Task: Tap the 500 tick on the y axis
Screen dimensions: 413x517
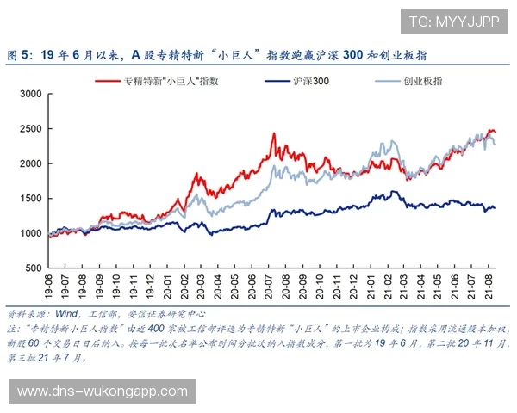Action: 32,268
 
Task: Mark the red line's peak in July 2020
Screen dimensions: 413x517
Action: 273,133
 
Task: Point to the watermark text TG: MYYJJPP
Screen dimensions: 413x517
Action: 453,22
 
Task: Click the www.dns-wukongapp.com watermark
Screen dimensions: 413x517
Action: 103,391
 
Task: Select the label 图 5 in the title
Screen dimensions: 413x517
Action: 19,54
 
